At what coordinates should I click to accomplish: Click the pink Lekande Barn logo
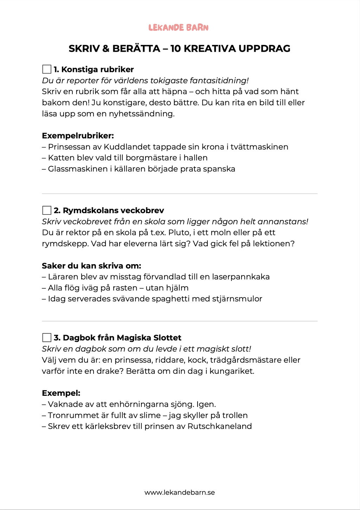[178, 27]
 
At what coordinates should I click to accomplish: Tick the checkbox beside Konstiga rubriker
[47, 69]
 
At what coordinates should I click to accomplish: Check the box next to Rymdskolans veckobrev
[47, 210]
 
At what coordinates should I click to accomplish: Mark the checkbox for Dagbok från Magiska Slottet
[47, 338]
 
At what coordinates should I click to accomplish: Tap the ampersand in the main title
[106, 48]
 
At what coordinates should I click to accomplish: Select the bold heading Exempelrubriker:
[78, 136]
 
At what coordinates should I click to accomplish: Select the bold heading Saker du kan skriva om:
[91, 266]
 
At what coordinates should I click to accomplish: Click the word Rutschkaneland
[219, 426]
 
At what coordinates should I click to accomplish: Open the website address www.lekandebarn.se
[180, 492]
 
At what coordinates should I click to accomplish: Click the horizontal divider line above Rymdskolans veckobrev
[180, 194]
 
